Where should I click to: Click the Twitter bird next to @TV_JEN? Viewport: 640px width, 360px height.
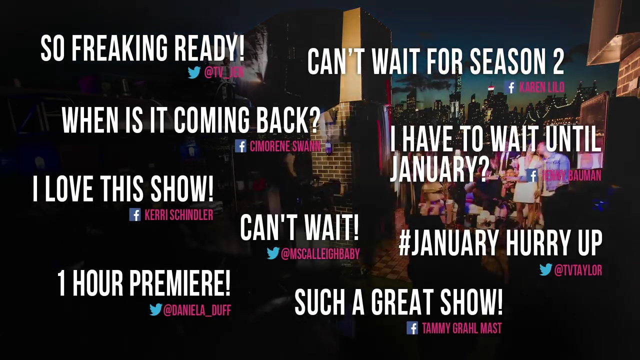click(194, 72)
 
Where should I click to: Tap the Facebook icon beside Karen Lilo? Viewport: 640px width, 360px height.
click(510, 87)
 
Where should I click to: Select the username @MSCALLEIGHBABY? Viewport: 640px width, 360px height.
click(320, 253)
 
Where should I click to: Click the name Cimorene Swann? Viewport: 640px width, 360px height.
click(285, 146)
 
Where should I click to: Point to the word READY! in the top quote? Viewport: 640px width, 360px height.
click(209, 48)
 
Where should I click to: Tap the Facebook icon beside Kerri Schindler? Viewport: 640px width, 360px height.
click(135, 214)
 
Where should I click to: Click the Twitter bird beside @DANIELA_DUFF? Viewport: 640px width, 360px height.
click(155, 309)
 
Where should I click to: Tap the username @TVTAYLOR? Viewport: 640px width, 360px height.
click(578, 270)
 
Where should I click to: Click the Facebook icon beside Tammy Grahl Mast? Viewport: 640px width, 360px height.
click(412, 328)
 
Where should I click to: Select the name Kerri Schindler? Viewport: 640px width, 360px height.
click(179, 215)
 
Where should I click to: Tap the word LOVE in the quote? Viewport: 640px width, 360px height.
click(69, 188)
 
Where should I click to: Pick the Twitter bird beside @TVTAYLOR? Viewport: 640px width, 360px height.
click(545, 269)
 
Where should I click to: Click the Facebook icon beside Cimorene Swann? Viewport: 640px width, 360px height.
click(240, 146)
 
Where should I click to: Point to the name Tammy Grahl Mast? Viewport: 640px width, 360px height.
click(461, 328)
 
